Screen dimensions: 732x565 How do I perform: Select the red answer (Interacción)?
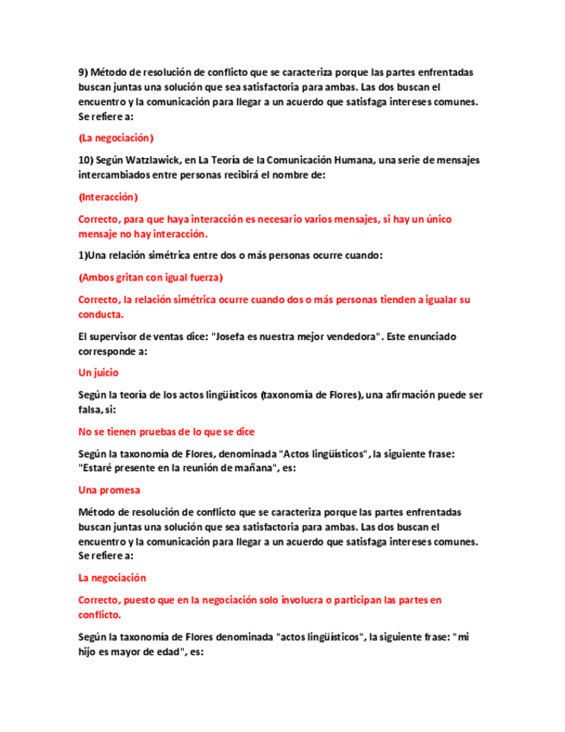pos(108,197)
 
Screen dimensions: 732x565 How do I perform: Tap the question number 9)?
pos(84,73)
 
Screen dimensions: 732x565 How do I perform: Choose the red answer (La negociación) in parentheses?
pos(116,138)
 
